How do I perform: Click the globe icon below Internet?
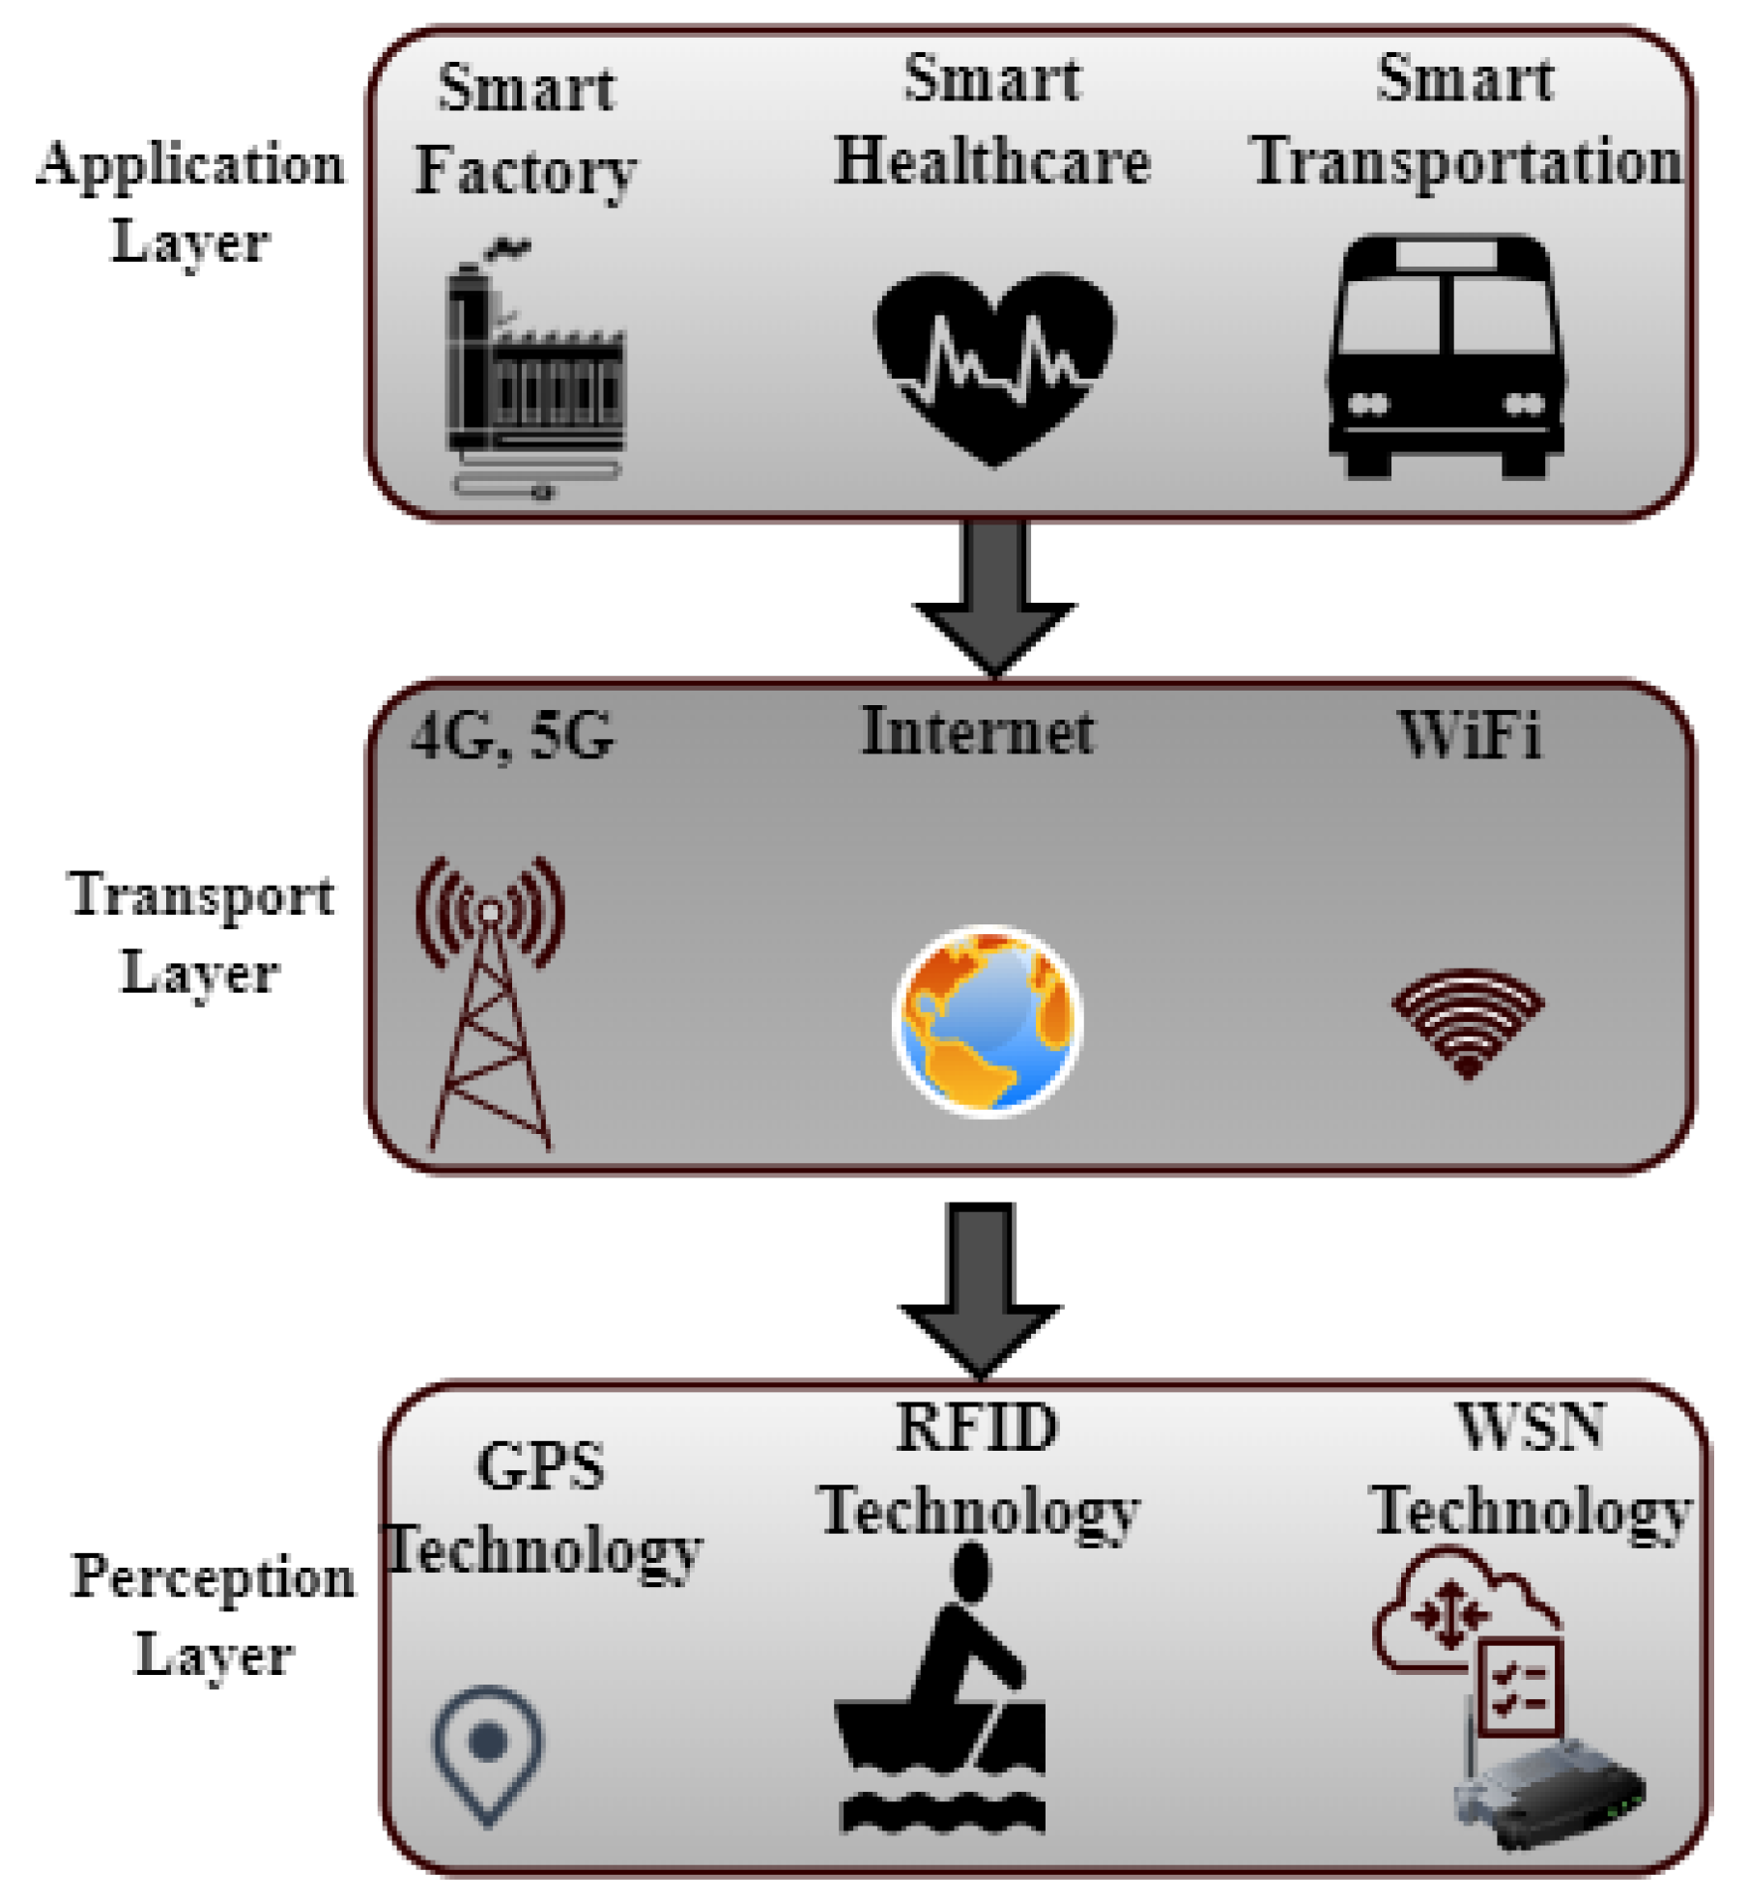click(988, 1020)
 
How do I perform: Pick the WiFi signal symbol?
click(1468, 1022)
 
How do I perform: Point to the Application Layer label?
click(190, 201)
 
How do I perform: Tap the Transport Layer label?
click(201, 931)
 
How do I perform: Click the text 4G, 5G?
click(513, 736)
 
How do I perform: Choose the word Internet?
click(978, 731)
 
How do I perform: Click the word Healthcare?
click(992, 160)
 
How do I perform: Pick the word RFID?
click(977, 1428)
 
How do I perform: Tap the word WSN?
click(1531, 1427)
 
